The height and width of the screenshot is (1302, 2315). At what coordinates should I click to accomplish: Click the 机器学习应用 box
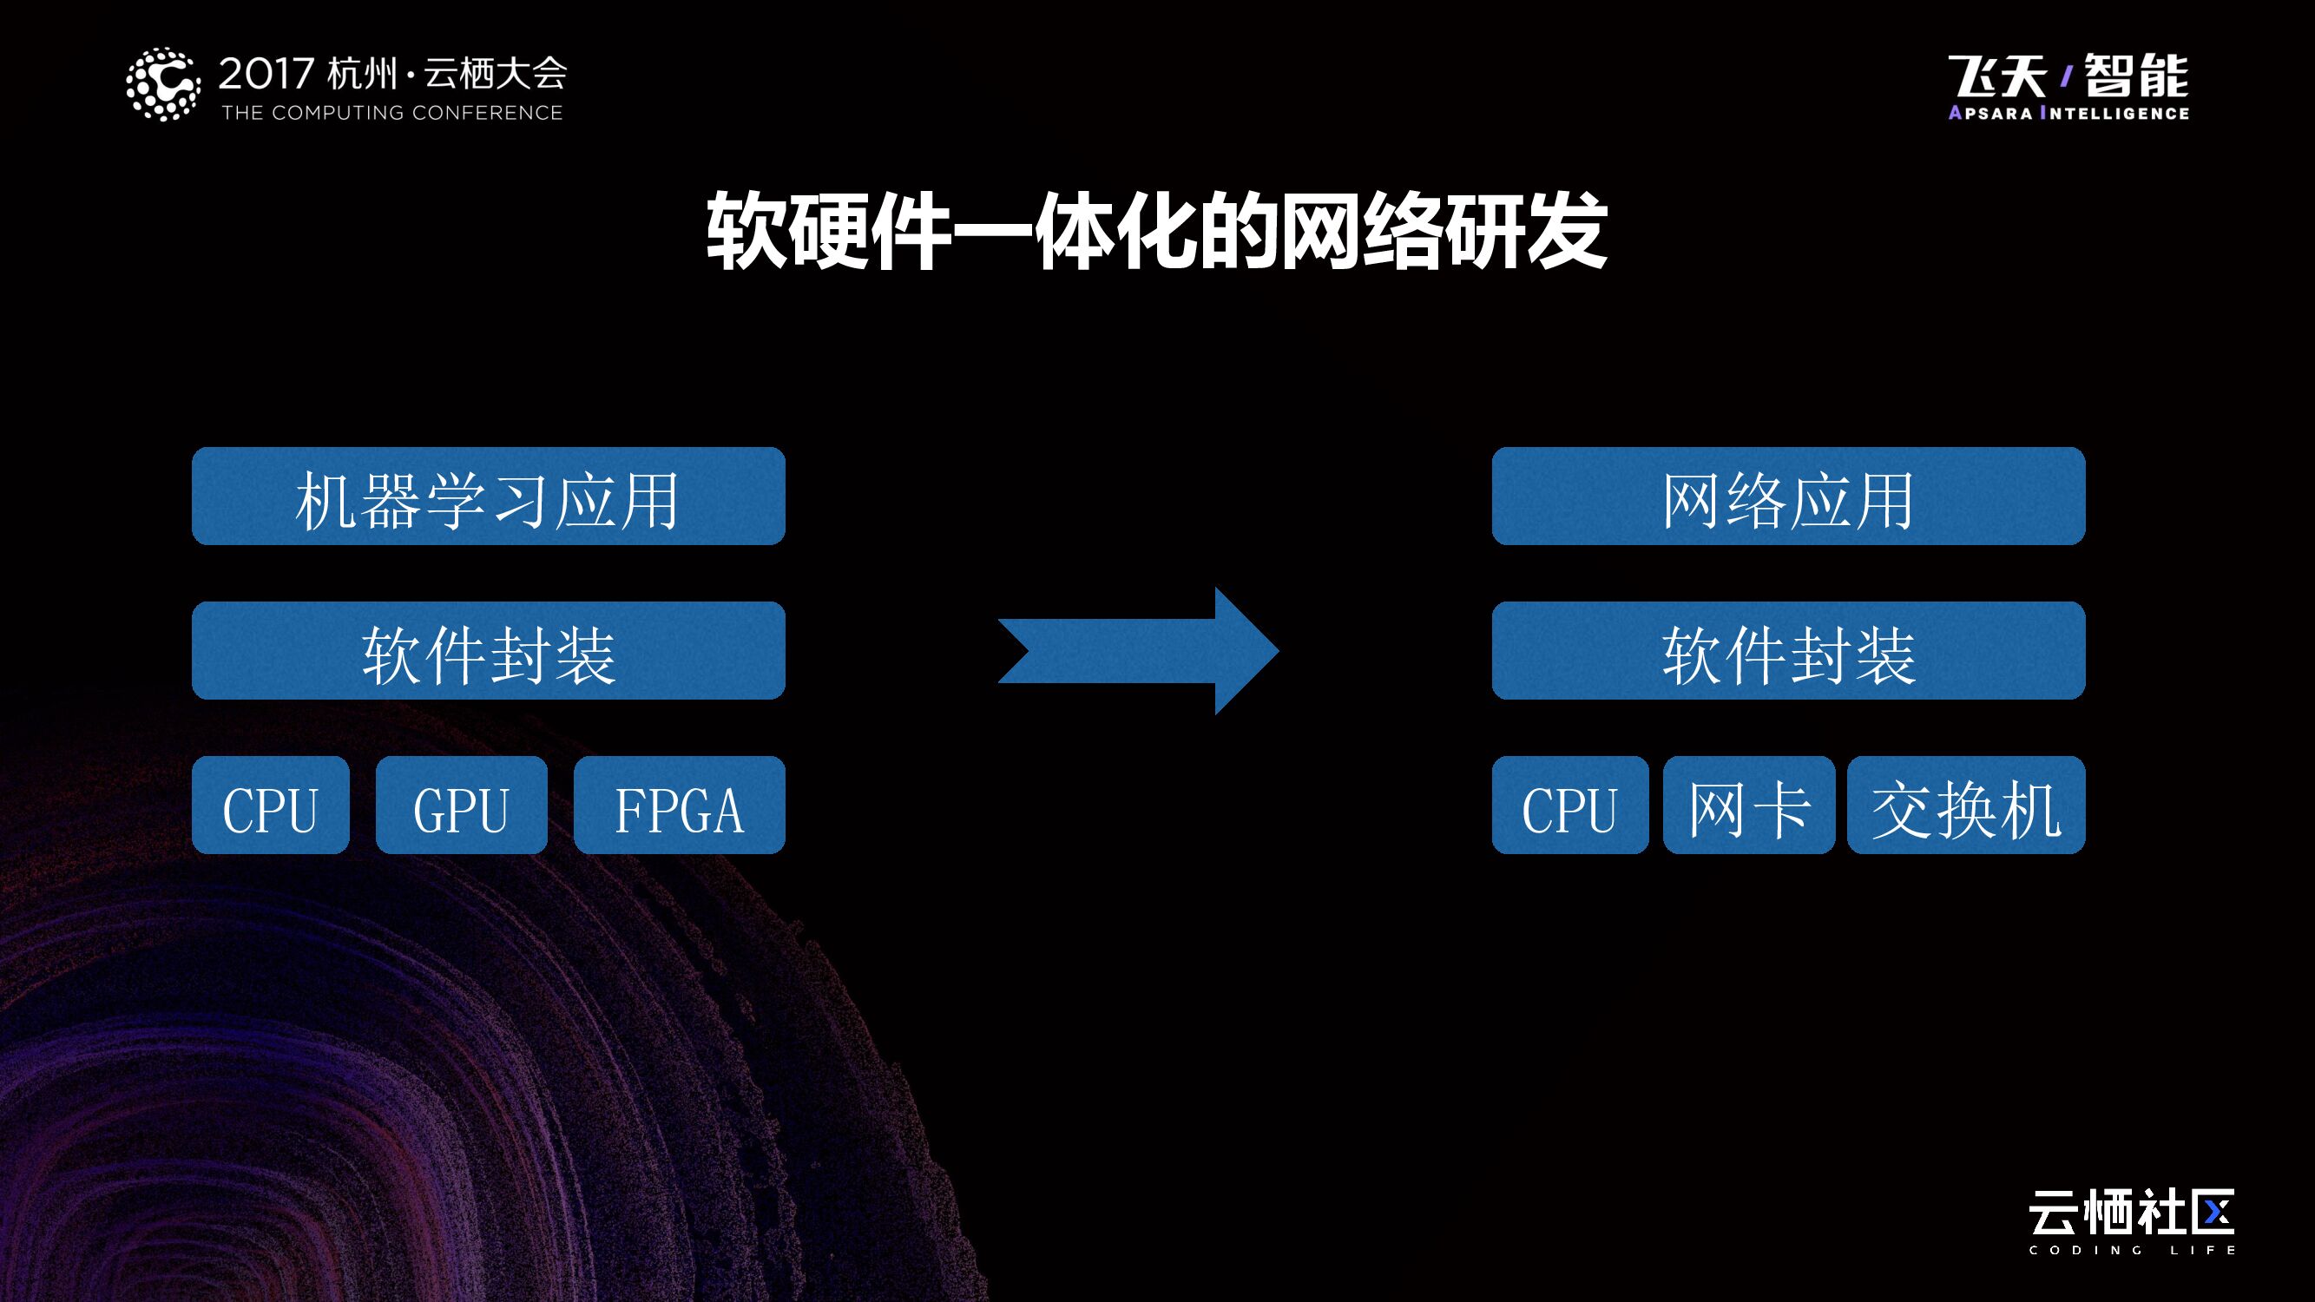click(488, 496)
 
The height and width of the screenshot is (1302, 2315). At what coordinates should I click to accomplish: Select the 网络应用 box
click(1787, 496)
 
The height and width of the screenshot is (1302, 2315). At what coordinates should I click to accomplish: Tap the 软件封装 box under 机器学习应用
click(488, 650)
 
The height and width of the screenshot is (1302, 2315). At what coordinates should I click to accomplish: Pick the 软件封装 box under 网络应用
click(1787, 650)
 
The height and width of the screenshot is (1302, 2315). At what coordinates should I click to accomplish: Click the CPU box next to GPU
click(270, 806)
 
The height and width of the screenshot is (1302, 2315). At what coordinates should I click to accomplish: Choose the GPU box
click(461, 806)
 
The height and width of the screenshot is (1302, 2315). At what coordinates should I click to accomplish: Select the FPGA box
click(679, 806)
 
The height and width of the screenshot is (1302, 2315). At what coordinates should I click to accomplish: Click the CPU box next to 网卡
click(1569, 806)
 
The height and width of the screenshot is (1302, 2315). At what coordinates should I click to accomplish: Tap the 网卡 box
click(1748, 806)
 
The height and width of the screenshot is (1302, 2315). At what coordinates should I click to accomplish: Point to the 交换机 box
click(1965, 806)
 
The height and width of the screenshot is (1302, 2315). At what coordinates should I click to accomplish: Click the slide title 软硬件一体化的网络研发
click(1156, 231)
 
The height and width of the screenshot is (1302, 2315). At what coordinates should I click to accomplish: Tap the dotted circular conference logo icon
click(162, 84)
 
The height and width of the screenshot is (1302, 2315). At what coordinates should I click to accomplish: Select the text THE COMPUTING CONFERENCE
click(391, 113)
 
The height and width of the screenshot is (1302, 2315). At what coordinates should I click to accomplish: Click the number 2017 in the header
click(266, 74)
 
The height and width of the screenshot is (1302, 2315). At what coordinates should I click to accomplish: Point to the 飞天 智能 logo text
click(2068, 76)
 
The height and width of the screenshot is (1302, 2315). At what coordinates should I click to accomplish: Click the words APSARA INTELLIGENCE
click(2068, 113)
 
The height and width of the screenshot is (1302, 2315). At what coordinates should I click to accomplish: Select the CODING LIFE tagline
click(2131, 1250)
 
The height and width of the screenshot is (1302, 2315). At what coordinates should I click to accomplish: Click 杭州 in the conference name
click(361, 74)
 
